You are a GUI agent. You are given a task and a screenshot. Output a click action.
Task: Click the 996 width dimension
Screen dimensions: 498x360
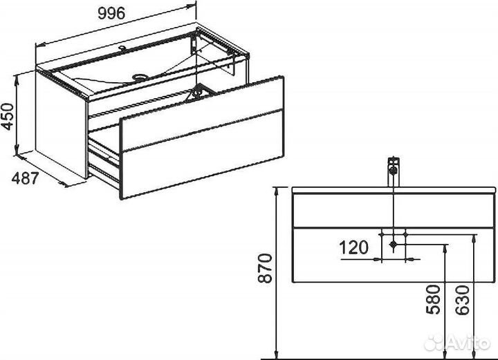pos(111,13)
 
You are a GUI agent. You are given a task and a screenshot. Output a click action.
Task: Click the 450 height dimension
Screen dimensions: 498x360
pos(8,117)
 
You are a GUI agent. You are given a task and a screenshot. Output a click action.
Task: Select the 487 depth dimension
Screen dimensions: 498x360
pos(25,178)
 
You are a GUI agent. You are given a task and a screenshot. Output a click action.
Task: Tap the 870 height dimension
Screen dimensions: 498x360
pos(265,268)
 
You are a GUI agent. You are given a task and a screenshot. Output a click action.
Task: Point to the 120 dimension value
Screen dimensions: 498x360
pos(354,247)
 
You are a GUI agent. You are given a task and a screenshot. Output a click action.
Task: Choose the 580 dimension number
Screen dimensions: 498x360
pos(434,299)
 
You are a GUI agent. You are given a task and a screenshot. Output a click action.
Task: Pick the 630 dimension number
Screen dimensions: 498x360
pos(463,300)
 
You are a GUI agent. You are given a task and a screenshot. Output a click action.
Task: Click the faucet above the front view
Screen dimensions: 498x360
pos(394,171)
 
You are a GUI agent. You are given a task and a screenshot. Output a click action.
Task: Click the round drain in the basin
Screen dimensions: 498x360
pos(140,77)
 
